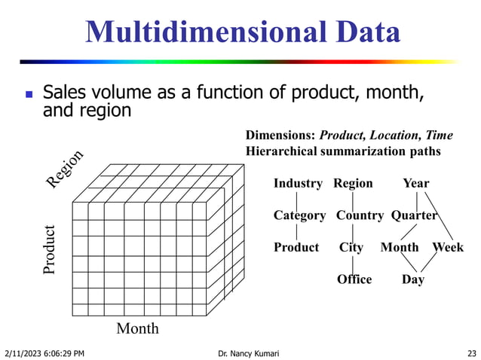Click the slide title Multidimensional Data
242,32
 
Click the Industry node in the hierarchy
298,183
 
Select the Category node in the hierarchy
299,215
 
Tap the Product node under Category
296,247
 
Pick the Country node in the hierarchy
360,215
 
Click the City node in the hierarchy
351,247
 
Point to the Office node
354,279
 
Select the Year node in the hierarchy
415,183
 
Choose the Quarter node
414,215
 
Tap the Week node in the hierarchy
448,247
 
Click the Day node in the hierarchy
412,279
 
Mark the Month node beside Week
400,247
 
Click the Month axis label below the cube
138,328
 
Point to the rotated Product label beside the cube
50,249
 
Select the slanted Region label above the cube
64,169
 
